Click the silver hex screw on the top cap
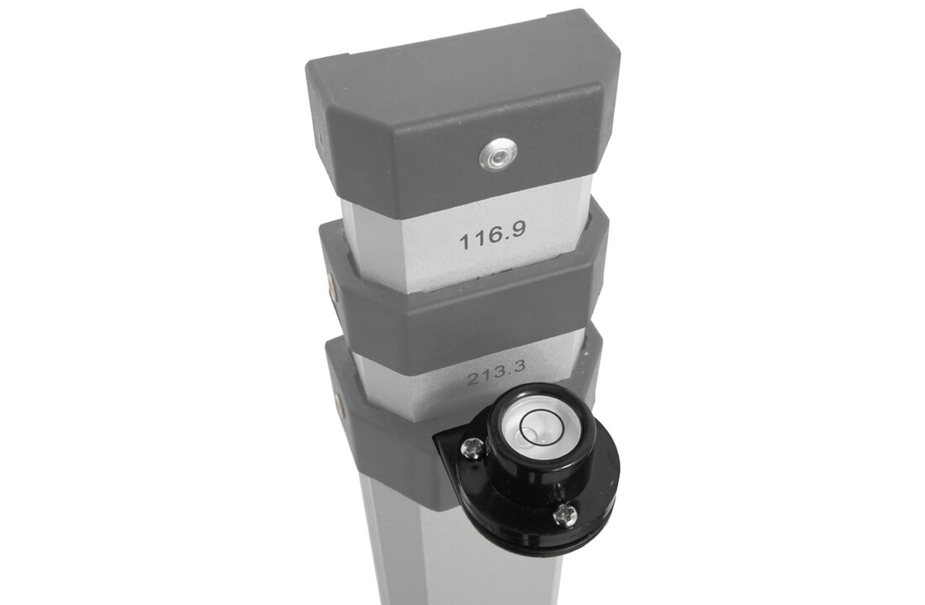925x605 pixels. [498, 156]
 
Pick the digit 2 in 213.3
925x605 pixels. [472, 379]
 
